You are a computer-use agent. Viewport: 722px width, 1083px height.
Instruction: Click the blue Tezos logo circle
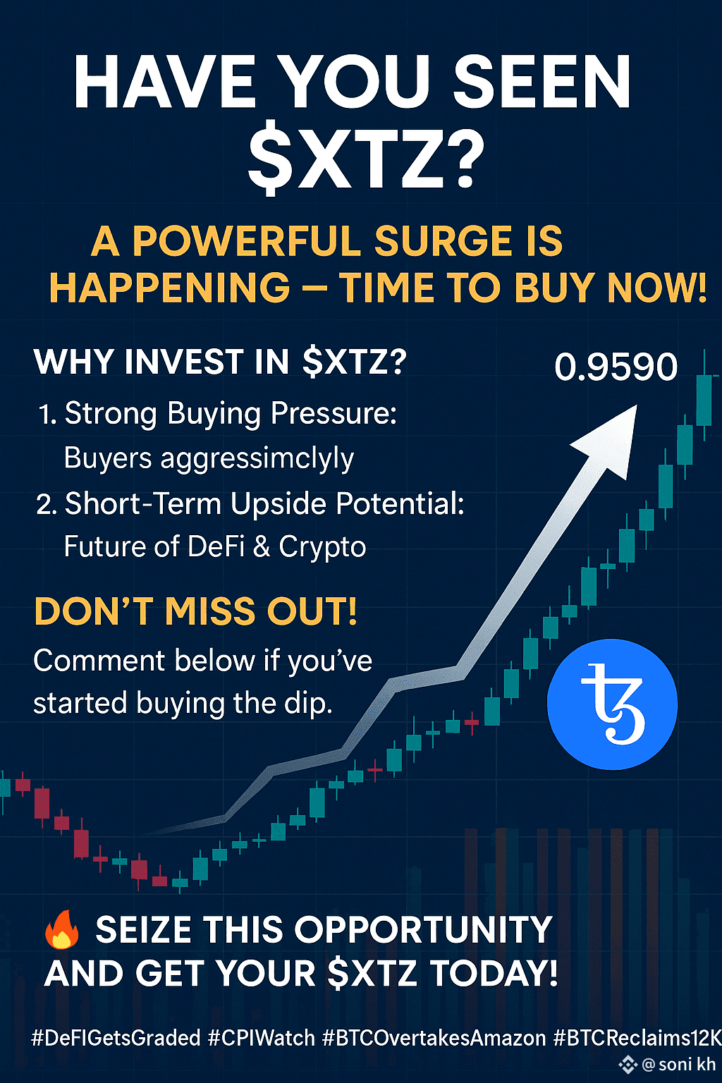click(612, 704)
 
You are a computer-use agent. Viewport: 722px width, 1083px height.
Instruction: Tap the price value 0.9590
click(616, 367)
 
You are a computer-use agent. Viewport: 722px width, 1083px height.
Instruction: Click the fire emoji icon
click(62, 929)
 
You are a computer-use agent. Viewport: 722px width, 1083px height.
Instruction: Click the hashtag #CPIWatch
click(262, 1038)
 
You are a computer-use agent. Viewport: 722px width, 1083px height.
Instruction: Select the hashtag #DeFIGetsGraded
click(116, 1038)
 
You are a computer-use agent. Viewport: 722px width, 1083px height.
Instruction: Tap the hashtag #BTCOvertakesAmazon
click(434, 1038)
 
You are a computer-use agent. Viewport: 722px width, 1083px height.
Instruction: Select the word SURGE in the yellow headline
click(443, 240)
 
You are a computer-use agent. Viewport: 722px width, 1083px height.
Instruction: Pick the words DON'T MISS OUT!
click(196, 611)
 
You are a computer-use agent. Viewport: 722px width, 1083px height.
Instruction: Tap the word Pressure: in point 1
click(334, 414)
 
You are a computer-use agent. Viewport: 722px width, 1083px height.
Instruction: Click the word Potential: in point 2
click(400, 504)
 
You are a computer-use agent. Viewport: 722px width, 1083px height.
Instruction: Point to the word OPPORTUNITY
click(423, 929)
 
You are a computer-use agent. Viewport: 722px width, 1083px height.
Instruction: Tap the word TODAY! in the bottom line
click(494, 973)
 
